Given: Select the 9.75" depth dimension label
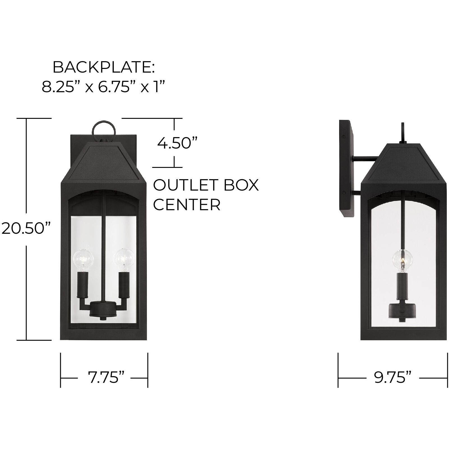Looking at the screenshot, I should coord(393,378).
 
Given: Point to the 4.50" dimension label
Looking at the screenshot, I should coord(174,143).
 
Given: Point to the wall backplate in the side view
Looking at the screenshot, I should coord(347,168).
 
